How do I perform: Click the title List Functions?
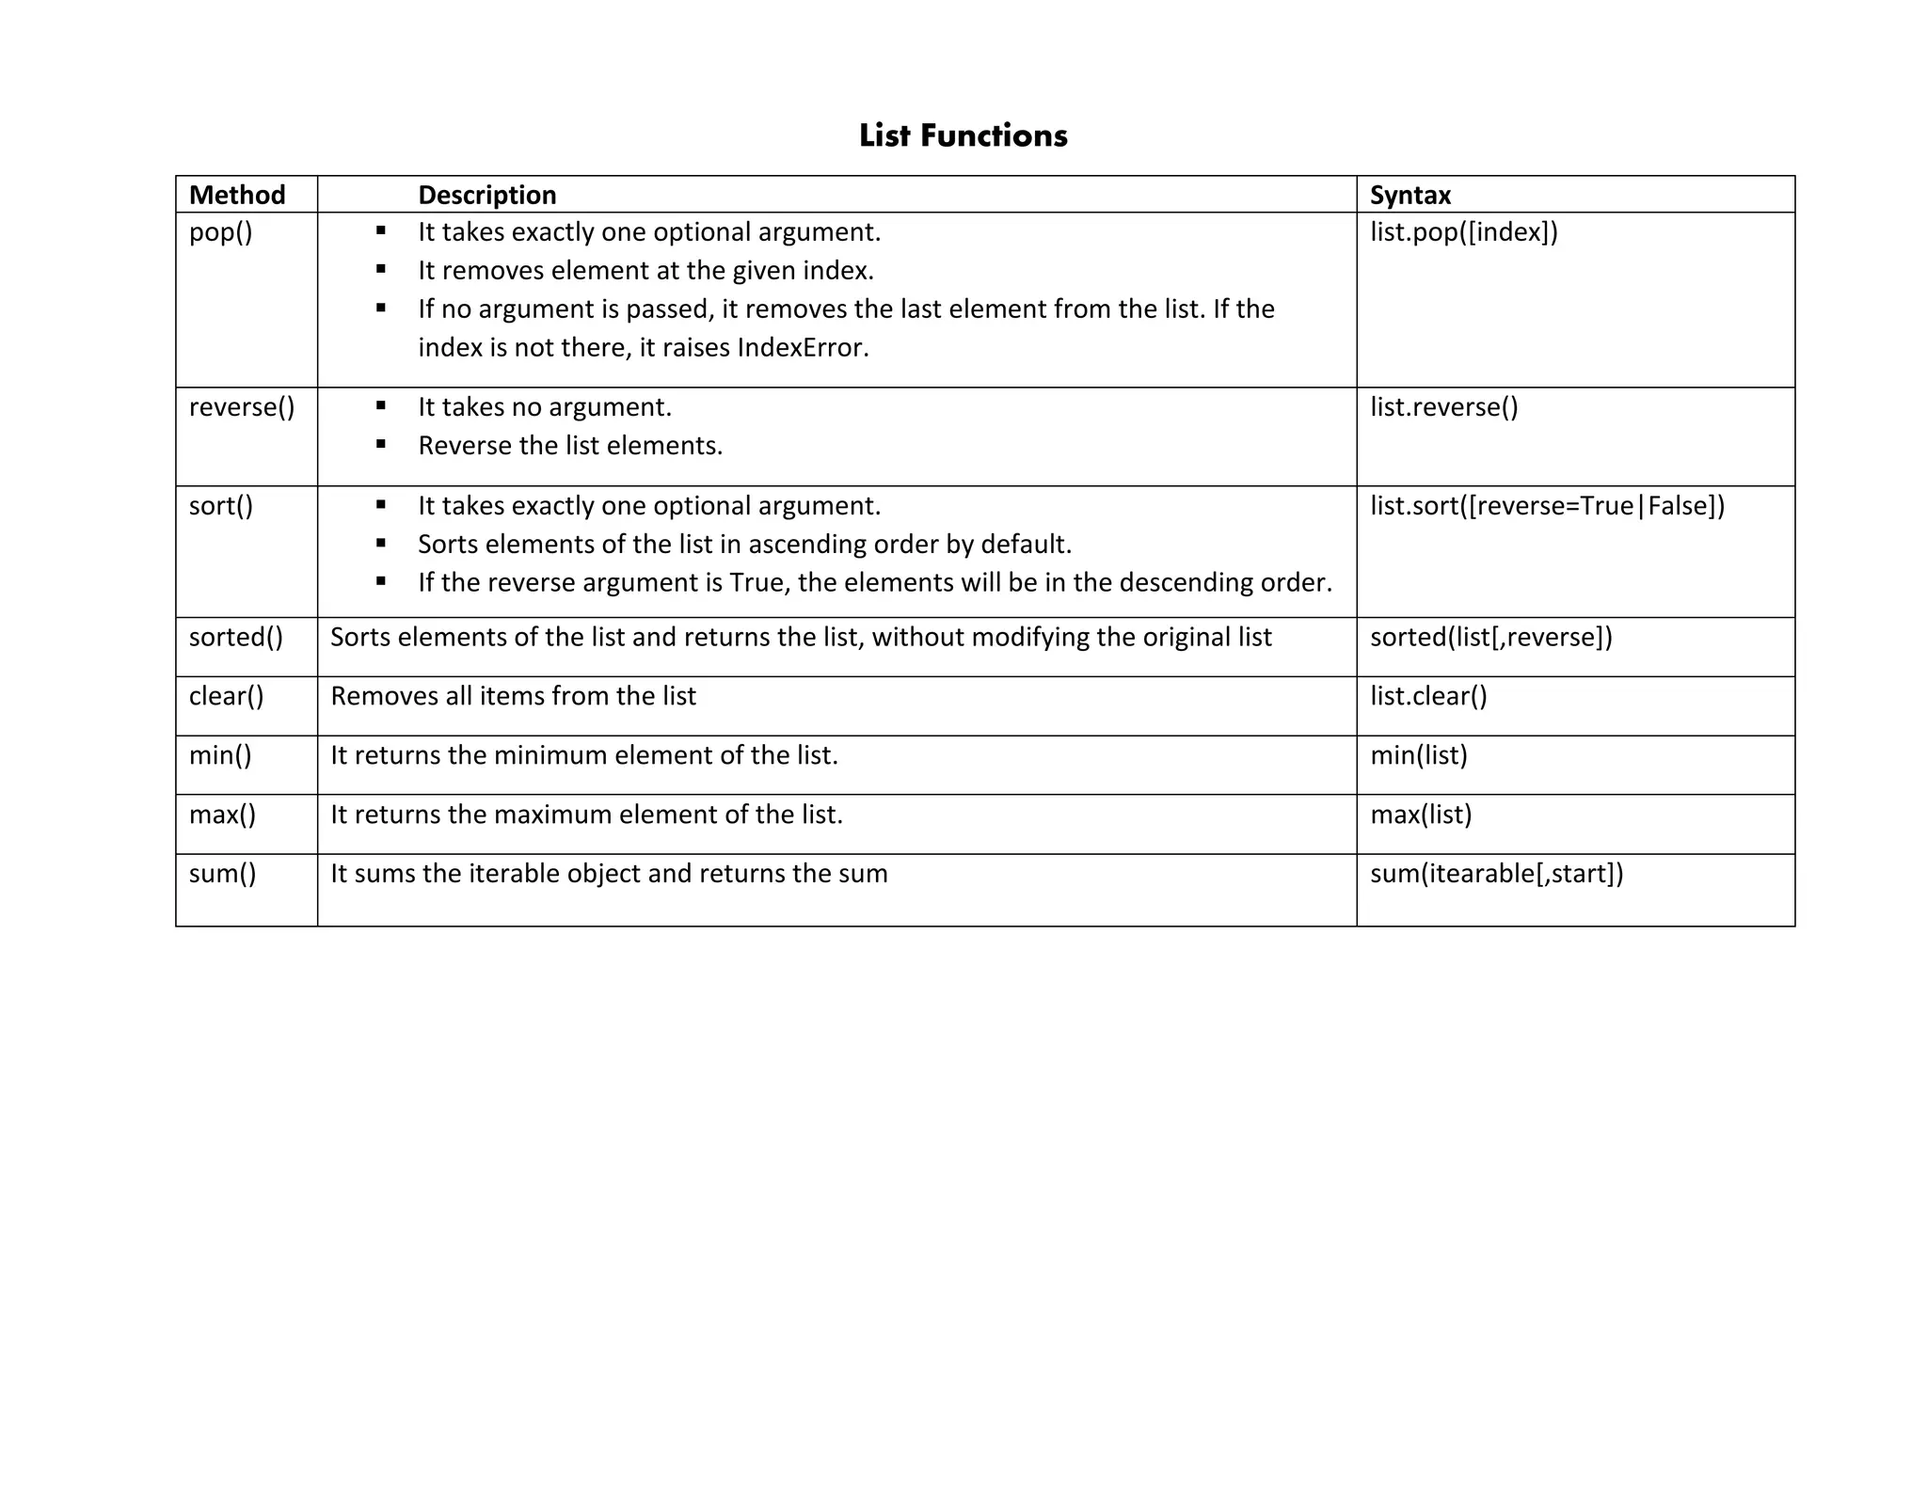963,135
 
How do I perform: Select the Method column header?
237,195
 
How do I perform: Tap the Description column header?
486,195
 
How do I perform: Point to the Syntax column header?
1409,195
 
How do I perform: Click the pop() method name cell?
221,232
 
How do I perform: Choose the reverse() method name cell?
242,407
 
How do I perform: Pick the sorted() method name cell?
236,638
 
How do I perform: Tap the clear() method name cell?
227,696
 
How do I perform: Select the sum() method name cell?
223,874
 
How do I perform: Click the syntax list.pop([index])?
1463,232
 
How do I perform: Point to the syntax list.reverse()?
1443,407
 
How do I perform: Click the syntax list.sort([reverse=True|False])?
1547,506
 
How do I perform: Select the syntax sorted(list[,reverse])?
1490,638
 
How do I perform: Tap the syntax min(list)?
1418,755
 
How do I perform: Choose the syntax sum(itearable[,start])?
1496,874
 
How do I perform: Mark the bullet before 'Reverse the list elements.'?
381,445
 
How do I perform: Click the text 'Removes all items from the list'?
513,696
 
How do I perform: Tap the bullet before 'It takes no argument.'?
381,406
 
